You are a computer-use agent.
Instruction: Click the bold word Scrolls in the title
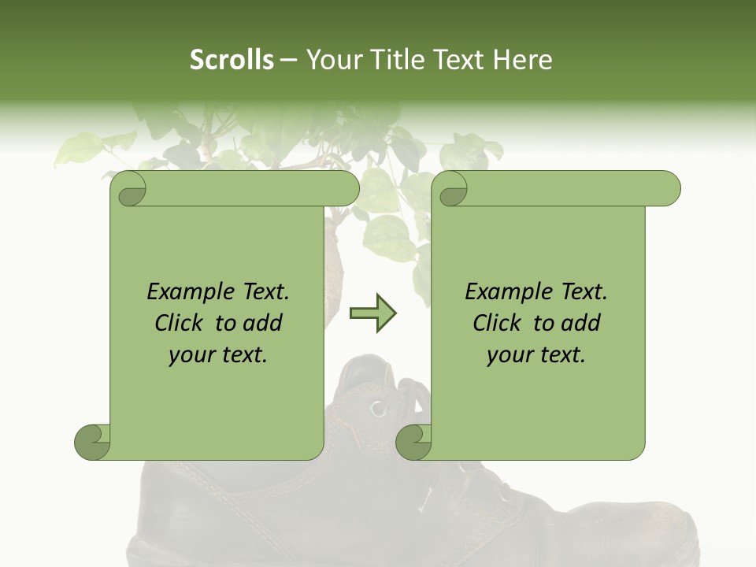click(x=232, y=60)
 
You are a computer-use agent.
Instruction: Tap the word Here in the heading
click(x=522, y=60)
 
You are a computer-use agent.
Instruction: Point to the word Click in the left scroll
click(x=178, y=324)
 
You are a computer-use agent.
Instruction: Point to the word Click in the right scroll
click(x=496, y=324)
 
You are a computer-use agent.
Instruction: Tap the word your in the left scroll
click(x=190, y=355)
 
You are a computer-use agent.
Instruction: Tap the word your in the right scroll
click(x=508, y=355)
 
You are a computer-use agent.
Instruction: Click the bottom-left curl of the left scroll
click(x=92, y=442)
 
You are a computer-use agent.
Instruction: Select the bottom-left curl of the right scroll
click(x=413, y=442)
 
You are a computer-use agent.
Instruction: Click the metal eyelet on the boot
click(x=380, y=408)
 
